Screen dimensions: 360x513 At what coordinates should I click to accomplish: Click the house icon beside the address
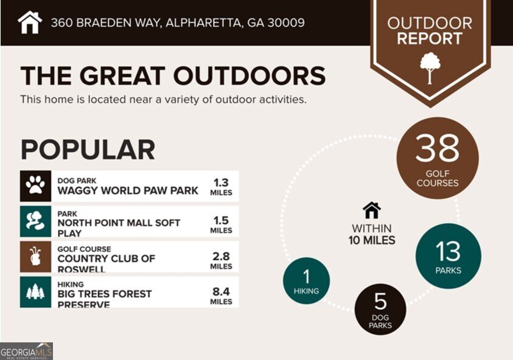30,22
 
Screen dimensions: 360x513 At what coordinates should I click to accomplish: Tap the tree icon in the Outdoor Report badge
430,67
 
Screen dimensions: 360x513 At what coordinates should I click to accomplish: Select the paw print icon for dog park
35,186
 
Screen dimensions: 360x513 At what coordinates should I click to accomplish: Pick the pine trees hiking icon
35,292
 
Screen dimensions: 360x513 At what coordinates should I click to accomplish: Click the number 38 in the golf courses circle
437,148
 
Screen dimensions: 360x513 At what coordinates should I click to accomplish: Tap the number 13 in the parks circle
447,251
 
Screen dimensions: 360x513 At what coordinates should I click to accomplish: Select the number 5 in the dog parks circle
380,302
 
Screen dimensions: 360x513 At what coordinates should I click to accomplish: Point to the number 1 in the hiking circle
306,277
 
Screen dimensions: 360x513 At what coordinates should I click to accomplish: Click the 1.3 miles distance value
221,182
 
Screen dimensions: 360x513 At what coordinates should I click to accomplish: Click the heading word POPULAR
88,150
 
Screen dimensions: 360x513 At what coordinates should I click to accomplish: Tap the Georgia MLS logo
26,351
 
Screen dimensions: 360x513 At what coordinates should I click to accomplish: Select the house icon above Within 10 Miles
371,210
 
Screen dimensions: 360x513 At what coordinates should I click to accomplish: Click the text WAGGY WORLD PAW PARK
128,190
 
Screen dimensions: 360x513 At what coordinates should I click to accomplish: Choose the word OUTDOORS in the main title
250,76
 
